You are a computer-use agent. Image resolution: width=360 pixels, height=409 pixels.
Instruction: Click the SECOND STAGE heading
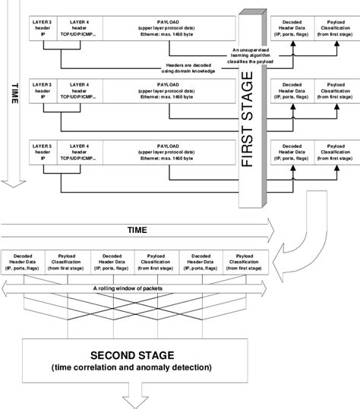point(134,355)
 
